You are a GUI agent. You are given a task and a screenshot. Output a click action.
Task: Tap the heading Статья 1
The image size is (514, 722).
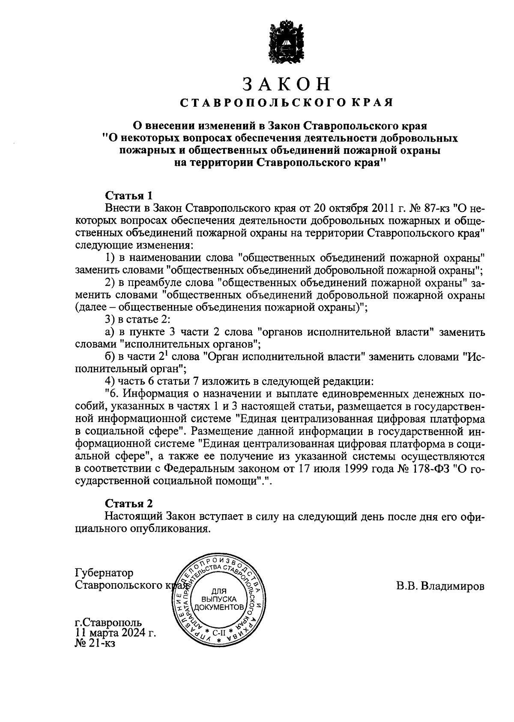click(x=128, y=196)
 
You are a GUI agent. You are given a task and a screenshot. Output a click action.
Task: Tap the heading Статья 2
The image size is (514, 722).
click(x=128, y=503)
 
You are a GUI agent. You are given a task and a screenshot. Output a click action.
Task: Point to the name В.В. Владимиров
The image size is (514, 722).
click(x=440, y=585)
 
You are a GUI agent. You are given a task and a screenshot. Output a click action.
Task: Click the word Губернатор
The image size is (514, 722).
click(x=104, y=573)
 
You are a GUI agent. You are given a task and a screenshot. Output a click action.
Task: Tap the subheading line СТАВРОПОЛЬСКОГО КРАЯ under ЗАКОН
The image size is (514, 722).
click(x=286, y=103)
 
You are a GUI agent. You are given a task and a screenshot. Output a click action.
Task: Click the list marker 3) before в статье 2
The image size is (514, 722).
click(x=111, y=319)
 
